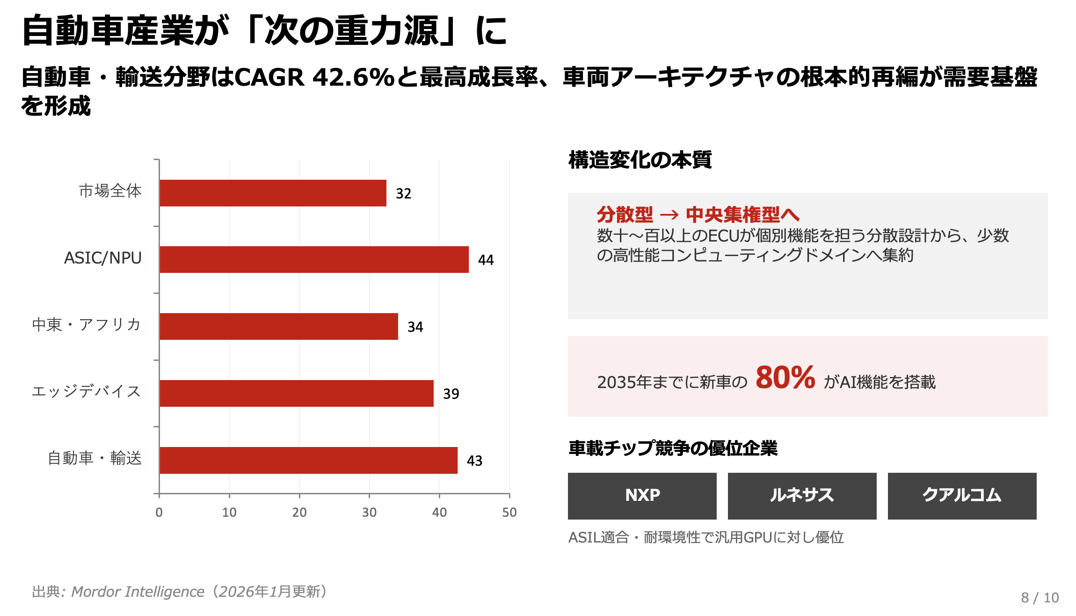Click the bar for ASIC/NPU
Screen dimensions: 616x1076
click(314, 259)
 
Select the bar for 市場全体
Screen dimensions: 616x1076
click(273, 193)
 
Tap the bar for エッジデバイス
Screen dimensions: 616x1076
click(296, 393)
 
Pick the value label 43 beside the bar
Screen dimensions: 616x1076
click(474, 461)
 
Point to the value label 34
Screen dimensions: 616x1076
click(415, 327)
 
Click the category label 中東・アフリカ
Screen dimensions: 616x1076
click(87, 324)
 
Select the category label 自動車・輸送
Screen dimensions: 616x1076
click(95, 458)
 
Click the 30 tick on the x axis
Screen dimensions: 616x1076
click(369, 512)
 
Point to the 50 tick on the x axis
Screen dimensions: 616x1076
click(509, 512)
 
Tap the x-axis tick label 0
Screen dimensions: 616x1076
click(159, 512)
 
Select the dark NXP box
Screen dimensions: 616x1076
click(642, 496)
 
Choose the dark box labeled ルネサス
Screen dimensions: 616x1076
click(802, 496)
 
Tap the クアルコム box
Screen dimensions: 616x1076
click(962, 496)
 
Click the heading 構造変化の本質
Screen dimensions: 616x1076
click(640, 160)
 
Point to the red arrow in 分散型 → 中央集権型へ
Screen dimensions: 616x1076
click(669, 215)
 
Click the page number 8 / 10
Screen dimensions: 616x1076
click(1040, 598)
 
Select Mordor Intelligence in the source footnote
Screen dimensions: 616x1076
click(138, 592)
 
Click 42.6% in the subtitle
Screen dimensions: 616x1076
click(354, 77)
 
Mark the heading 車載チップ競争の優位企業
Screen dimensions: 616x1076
click(673, 448)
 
